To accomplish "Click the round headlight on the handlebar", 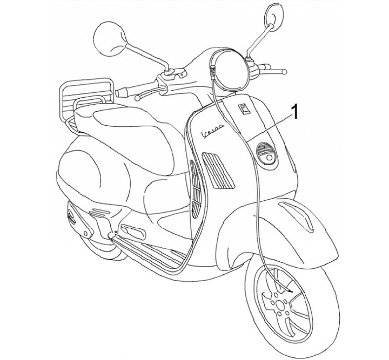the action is click(230, 67).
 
